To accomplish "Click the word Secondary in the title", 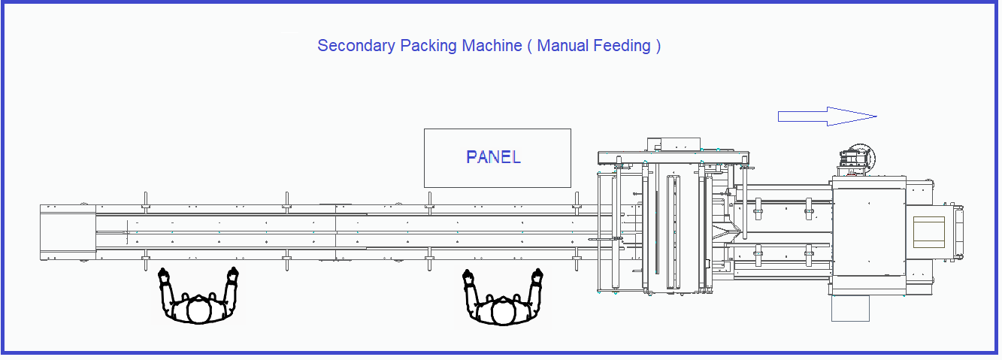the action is click(356, 46).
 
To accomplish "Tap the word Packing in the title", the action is click(428, 46).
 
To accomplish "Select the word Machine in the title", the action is click(492, 46).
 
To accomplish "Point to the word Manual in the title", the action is click(562, 46).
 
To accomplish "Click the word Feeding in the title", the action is click(622, 46).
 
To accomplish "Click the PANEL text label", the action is click(493, 157).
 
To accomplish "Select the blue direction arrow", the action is click(827, 116).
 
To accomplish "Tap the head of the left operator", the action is click(198, 310).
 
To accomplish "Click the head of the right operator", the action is click(503, 312).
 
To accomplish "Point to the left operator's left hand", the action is click(164, 275).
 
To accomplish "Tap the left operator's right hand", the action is click(232, 274).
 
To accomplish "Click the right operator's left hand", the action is click(468, 277).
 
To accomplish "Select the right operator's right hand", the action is click(537, 276).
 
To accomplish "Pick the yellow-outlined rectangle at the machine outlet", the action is click(928, 232).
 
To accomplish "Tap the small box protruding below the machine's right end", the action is click(850, 308).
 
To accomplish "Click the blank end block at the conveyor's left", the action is click(68, 232).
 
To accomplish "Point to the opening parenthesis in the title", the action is click(530, 46).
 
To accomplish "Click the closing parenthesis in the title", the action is click(658, 46).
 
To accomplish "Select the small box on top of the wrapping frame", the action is click(674, 144).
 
